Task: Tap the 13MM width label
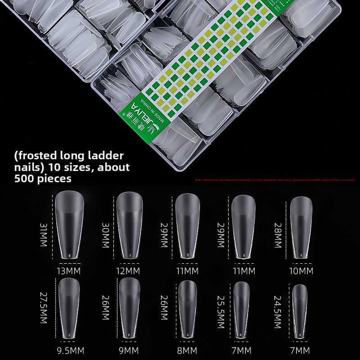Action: click(x=70, y=271)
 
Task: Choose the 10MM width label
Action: click(x=301, y=271)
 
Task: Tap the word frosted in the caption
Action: click(x=36, y=156)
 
